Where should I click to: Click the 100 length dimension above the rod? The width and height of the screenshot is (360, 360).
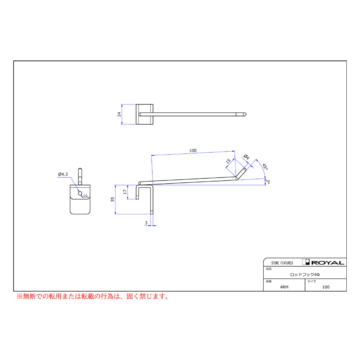(193, 151)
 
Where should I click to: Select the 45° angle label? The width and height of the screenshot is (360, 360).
(265, 167)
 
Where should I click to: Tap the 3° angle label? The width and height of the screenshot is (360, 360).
(268, 182)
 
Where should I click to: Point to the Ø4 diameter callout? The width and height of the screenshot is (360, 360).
(246, 157)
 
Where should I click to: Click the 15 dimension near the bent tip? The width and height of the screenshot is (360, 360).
(228, 161)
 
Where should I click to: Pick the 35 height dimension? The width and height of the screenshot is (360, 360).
(112, 199)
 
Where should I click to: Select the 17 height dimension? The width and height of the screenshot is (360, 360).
(125, 192)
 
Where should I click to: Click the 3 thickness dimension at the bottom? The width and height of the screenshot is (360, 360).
(146, 223)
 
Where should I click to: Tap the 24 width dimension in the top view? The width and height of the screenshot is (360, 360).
(119, 114)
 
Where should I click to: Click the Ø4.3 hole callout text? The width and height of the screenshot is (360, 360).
(63, 174)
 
